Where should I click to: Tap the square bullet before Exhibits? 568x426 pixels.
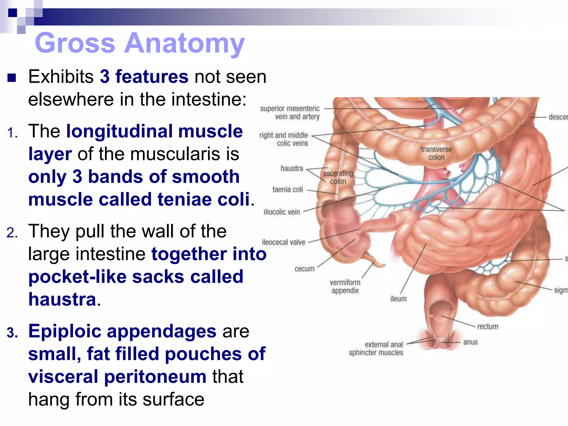[x=12, y=77]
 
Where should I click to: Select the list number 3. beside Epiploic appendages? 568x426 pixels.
[x=12, y=332]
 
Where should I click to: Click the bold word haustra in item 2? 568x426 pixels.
[x=62, y=300]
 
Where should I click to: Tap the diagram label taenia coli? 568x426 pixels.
[x=288, y=189]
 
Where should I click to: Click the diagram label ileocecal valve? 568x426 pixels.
[x=283, y=242]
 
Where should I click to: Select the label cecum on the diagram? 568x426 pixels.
[x=304, y=269]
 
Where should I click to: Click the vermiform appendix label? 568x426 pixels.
[x=345, y=286]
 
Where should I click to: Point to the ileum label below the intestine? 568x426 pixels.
[x=398, y=299]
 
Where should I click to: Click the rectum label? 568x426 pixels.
[x=487, y=326]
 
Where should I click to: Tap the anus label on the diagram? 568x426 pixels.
[x=470, y=342]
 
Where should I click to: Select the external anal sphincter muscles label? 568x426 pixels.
[x=376, y=349]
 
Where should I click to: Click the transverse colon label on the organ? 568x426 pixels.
[x=436, y=153]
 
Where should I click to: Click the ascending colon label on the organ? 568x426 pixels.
[x=338, y=177]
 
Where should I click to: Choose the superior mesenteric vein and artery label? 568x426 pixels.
[x=290, y=112]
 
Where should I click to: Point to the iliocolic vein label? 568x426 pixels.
[x=282, y=212]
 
